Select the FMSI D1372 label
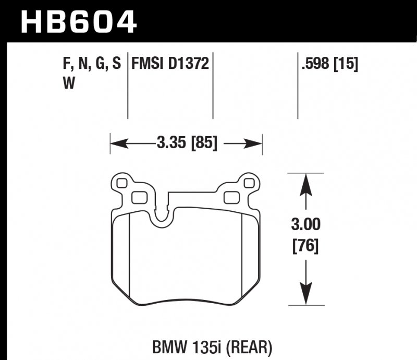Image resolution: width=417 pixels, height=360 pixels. click(170, 64)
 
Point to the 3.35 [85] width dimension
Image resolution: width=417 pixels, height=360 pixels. click(186, 142)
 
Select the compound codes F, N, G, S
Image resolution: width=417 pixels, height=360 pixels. click(91, 64)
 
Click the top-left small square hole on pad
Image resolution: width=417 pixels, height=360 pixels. click(123, 183)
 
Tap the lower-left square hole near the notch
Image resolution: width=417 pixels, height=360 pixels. click(139, 197)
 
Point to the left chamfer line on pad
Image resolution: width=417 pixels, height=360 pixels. click(128, 256)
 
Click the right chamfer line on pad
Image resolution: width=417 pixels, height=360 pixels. click(243, 256)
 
